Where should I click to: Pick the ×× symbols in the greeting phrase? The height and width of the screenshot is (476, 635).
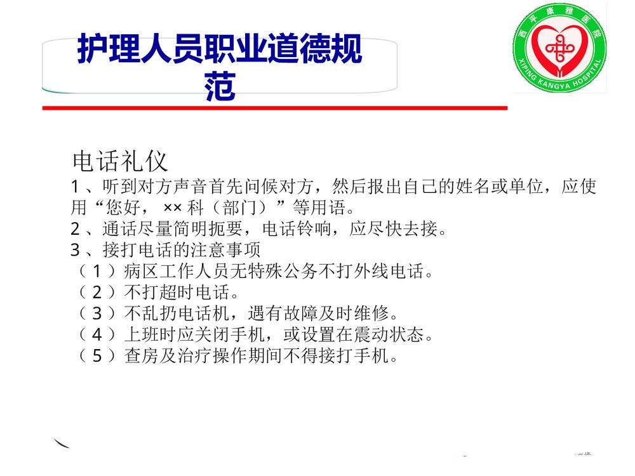click(172, 208)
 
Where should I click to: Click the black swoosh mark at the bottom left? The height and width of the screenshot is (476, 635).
click(61, 443)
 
